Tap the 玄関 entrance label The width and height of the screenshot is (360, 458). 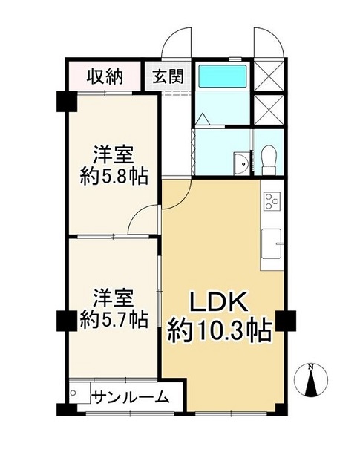pyautogui.click(x=168, y=76)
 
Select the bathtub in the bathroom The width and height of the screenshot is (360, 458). pyautogui.click(x=223, y=76)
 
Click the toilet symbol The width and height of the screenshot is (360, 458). pyautogui.click(x=267, y=160)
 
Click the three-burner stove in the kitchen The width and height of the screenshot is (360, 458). pyautogui.click(x=272, y=200)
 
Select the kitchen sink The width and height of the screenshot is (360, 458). pyautogui.click(x=271, y=243)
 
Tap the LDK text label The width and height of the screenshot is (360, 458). pyautogui.click(x=218, y=302)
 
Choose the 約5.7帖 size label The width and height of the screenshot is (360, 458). pyautogui.click(x=114, y=319)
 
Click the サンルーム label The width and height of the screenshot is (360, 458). pyautogui.click(x=131, y=396)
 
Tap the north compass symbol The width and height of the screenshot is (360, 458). pyautogui.click(x=311, y=379)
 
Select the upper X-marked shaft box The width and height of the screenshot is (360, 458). pyautogui.click(x=269, y=76)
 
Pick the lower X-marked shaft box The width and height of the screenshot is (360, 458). pyautogui.click(x=269, y=110)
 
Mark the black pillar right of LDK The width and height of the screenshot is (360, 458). pyautogui.click(x=287, y=321)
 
